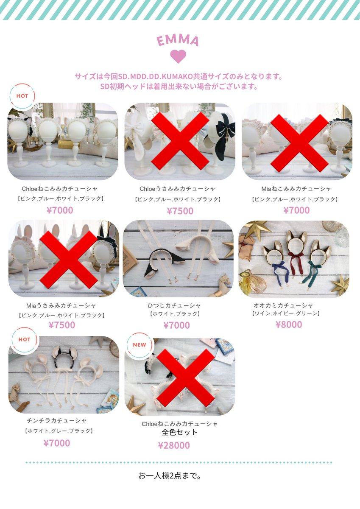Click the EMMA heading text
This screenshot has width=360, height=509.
point(178,41)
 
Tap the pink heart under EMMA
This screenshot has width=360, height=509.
point(178,56)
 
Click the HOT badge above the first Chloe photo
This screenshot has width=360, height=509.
point(22,96)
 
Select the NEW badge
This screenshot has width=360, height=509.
point(139,345)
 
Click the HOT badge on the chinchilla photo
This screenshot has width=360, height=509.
point(24,340)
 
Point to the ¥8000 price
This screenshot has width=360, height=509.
point(289,325)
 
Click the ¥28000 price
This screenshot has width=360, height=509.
point(174,445)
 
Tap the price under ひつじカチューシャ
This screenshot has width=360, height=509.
point(176,325)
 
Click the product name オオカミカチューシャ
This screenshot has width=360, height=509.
point(283,305)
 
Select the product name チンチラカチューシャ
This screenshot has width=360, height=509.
point(57,420)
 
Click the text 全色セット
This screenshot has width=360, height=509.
point(180,433)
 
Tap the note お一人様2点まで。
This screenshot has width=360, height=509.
point(170,475)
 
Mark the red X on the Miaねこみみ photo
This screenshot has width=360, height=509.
point(299,142)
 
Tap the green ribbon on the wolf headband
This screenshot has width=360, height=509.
point(315,270)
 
